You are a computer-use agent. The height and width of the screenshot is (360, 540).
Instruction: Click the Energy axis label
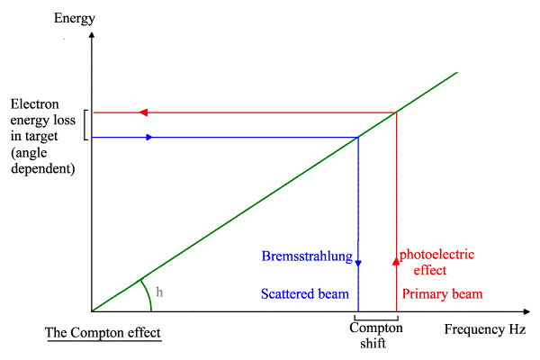point(74,18)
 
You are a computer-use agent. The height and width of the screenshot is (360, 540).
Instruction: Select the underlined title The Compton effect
point(103,334)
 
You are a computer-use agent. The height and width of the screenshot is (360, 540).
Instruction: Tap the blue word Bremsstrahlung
point(307,256)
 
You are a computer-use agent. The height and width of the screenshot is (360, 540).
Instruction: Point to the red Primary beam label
point(442,294)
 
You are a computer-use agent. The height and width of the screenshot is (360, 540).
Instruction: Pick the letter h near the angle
point(159,292)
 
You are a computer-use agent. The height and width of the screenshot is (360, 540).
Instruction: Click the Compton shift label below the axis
point(375,336)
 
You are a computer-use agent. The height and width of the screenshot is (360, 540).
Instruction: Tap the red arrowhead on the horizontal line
point(141,112)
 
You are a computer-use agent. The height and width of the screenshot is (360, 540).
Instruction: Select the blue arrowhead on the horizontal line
point(148,137)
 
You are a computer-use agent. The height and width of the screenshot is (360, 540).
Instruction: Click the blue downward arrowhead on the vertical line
point(358,262)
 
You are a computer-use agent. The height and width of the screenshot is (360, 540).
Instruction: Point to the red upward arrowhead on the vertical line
point(396,261)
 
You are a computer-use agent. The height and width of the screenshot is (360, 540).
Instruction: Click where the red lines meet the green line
point(396,112)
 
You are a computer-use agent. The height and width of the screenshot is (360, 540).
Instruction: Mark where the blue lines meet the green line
point(358,137)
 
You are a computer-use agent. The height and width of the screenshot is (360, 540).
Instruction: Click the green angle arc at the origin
point(144,292)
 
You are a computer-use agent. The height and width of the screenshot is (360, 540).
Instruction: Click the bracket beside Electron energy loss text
point(85,125)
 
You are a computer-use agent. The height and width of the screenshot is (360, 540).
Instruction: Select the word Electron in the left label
point(34,103)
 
